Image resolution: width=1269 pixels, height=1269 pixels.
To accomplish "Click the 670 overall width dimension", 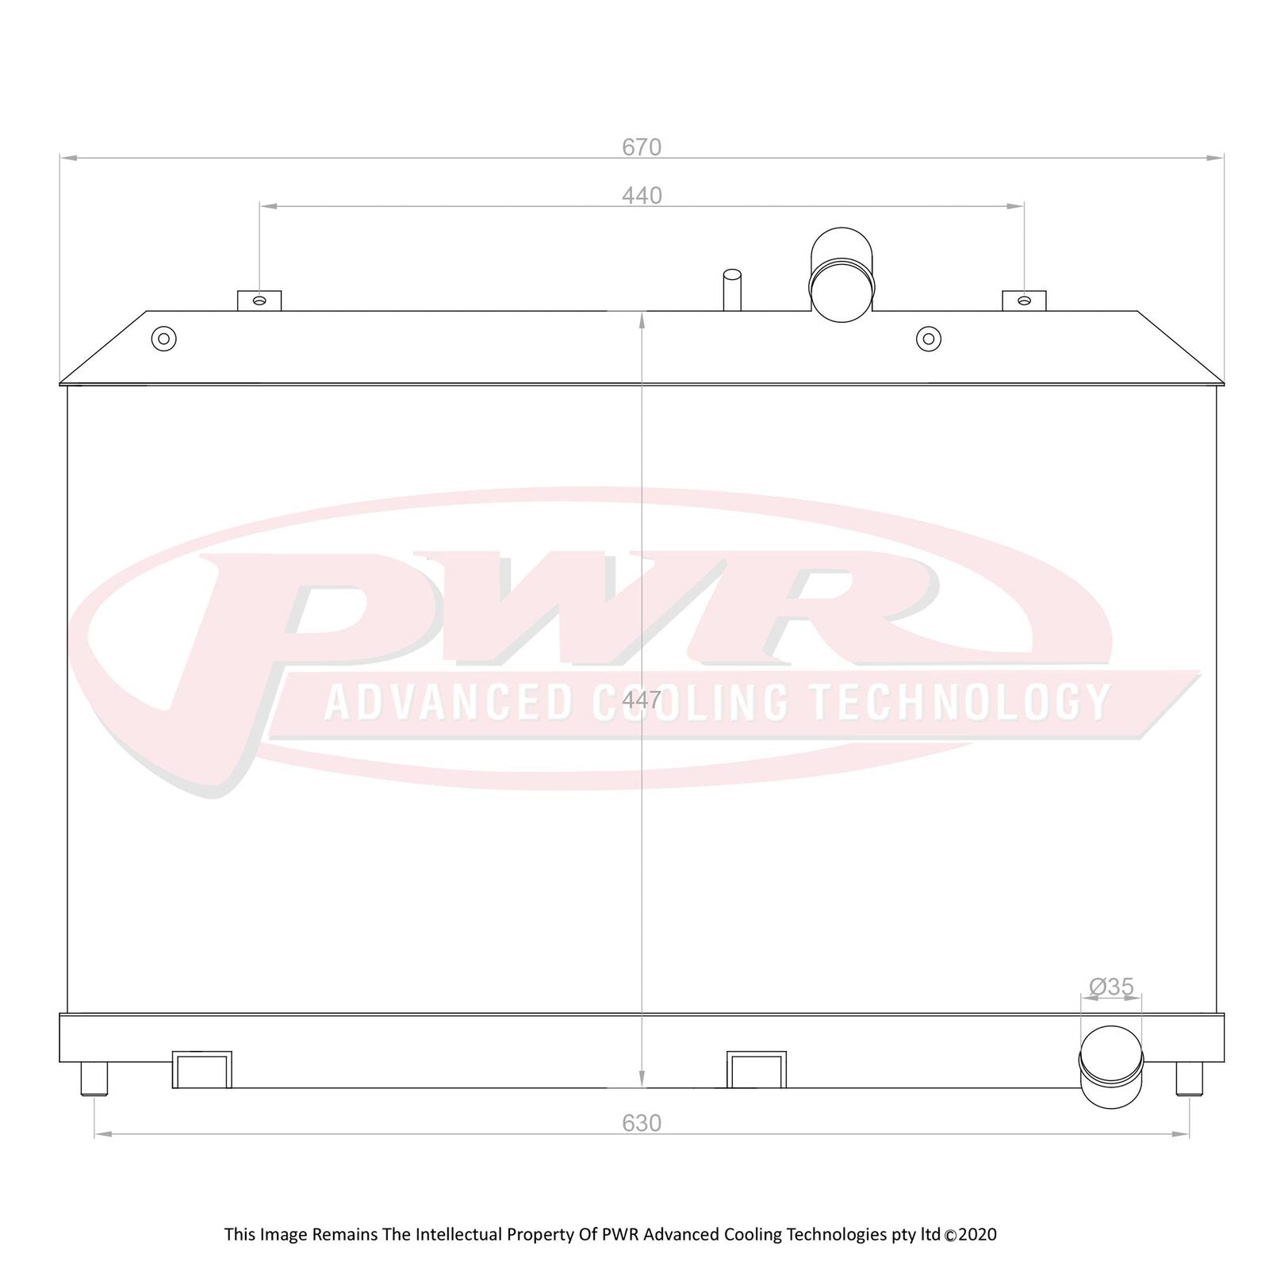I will click(641, 148).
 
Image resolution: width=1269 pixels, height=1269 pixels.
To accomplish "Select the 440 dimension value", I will click(642, 196).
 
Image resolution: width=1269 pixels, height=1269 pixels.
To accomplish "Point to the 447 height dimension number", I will click(641, 700).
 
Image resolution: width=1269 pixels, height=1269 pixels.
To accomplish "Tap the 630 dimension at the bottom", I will click(641, 1123).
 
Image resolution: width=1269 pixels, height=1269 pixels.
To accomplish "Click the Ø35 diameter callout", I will click(1111, 987).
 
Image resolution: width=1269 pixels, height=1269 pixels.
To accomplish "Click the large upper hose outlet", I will click(842, 274).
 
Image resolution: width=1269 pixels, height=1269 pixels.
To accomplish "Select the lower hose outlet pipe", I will click(1111, 1066).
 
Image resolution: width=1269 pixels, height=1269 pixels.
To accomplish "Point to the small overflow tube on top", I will click(731, 289).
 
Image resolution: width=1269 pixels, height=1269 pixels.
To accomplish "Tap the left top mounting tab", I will click(259, 301).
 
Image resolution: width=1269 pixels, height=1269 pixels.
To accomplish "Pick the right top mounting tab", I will click(1024, 301).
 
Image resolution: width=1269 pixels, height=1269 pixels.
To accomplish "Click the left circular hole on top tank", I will click(164, 339).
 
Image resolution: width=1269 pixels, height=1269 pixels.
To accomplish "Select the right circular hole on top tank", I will click(928, 339).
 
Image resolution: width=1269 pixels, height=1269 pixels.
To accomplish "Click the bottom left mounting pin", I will click(94, 1079).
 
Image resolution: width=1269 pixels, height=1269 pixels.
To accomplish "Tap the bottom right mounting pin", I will click(1188, 1079).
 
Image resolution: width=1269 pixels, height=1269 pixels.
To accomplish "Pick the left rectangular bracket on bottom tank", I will click(202, 1070).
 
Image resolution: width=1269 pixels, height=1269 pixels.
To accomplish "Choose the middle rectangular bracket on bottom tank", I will click(757, 1070).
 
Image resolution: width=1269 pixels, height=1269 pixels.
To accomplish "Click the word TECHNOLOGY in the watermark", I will click(959, 703).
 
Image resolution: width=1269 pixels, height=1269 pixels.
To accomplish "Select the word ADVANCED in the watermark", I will click(448, 703).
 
